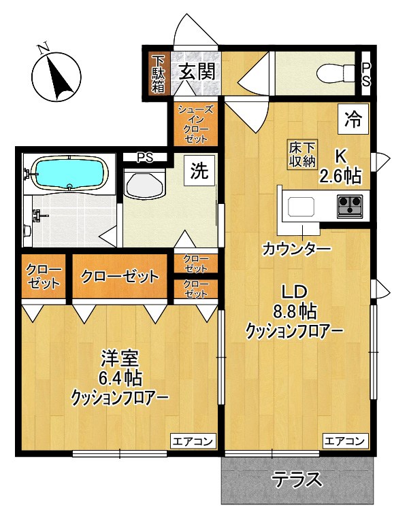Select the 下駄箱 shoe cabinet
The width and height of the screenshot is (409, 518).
coord(158,73)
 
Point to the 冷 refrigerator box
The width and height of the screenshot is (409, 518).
coord(353,120)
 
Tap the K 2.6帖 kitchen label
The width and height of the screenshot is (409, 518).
coord(340,169)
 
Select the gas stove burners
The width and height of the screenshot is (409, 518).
coord(350,203)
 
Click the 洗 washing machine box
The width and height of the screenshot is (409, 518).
coord(199,171)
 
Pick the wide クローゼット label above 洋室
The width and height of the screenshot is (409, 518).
coord(120,276)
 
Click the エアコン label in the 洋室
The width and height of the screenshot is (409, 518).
coord(193,441)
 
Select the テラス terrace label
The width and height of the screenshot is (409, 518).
coord(297,480)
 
